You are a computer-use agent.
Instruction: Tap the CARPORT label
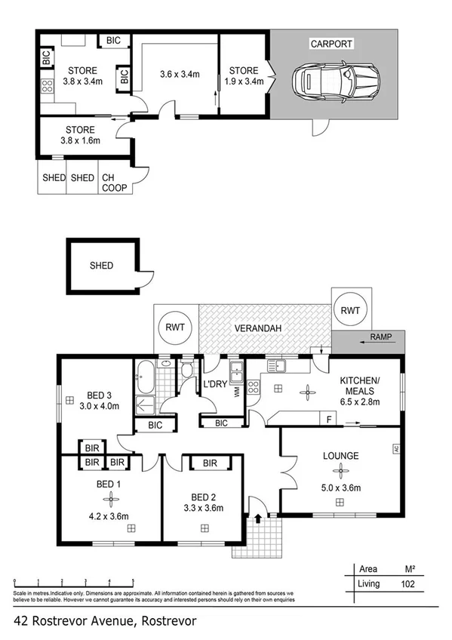333,44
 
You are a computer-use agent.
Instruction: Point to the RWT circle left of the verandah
175,328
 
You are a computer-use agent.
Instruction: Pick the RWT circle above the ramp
350,309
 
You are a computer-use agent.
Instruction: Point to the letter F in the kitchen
329,417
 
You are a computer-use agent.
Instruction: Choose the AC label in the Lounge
394,449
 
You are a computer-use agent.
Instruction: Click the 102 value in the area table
409,583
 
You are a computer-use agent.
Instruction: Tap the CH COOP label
114,183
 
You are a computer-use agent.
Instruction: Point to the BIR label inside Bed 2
211,463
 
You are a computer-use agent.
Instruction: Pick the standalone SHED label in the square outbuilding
101,266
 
